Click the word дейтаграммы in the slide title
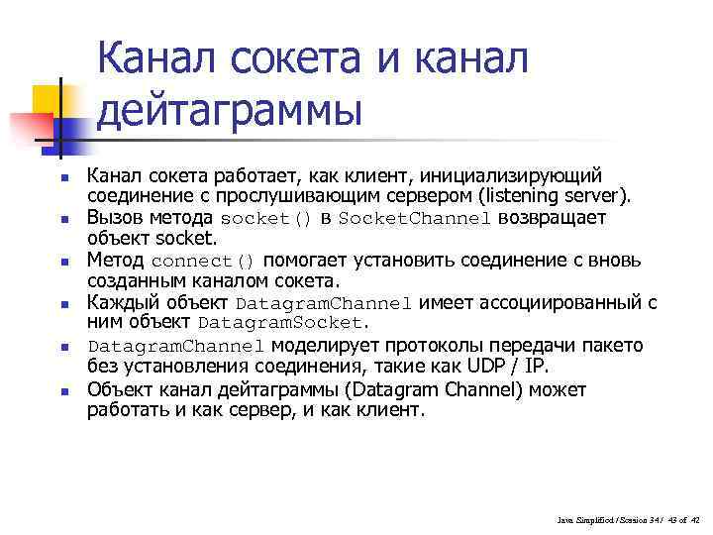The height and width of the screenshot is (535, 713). (x=229, y=110)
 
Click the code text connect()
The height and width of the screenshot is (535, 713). (x=203, y=263)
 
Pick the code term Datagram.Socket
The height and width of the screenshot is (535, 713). (x=282, y=323)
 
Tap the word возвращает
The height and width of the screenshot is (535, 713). (x=554, y=218)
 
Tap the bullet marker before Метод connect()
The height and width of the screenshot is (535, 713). (x=63, y=263)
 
